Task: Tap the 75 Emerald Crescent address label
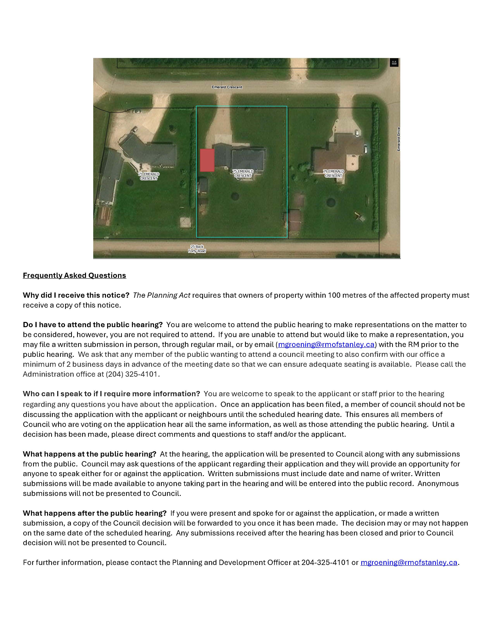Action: tap(243, 174)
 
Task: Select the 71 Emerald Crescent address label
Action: tap(149, 176)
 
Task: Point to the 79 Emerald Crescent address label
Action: tap(333, 174)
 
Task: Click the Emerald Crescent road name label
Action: tap(227, 87)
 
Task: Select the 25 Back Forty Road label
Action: tap(197, 249)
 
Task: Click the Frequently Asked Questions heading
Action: tap(74, 275)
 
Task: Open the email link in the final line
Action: tap(409, 562)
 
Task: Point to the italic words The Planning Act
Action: tap(162, 295)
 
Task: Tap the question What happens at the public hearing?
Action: tap(90, 454)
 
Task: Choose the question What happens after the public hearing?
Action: tap(95, 513)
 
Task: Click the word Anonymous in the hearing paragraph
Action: tap(438, 483)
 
